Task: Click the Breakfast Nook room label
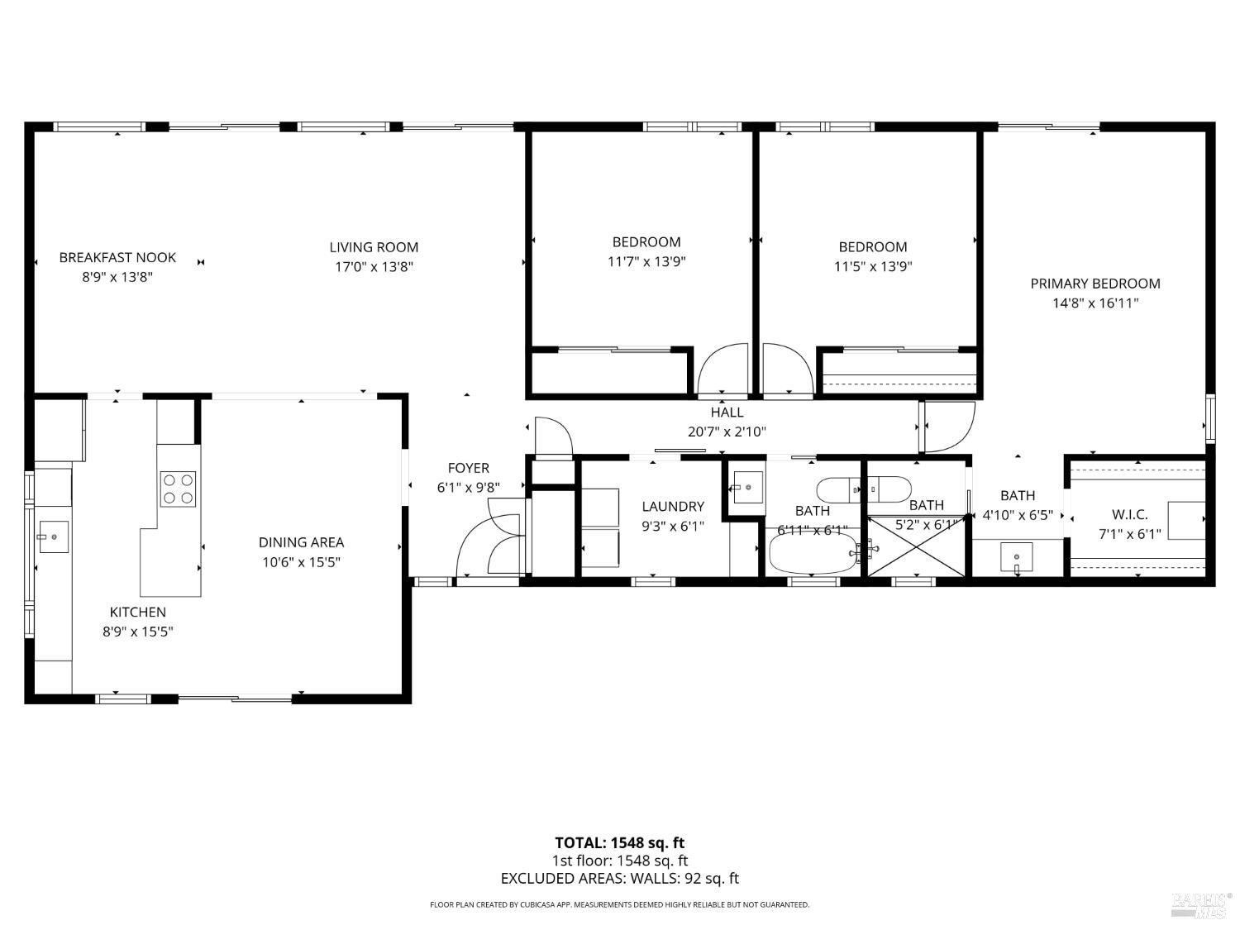click(x=117, y=258)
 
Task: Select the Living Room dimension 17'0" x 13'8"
click(x=374, y=267)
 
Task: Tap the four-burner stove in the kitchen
click(x=178, y=488)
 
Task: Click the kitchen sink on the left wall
click(x=53, y=537)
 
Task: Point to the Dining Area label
click(x=301, y=542)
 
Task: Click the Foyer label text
click(x=468, y=468)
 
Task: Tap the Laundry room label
click(x=673, y=507)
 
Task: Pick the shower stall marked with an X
click(x=915, y=546)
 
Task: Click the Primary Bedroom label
click(x=1095, y=284)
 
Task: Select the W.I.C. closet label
click(x=1129, y=514)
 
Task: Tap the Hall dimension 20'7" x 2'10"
click(x=727, y=432)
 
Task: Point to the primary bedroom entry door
click(x=947, y=426)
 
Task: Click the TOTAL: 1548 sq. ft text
click(x=619, y=843)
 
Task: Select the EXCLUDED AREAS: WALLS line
click(x=619, y=879)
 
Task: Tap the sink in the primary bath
click(x=1016, y=555)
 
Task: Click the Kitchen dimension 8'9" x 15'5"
click(x=138, y=632)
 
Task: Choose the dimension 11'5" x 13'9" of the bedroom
click(x=872, y=267)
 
